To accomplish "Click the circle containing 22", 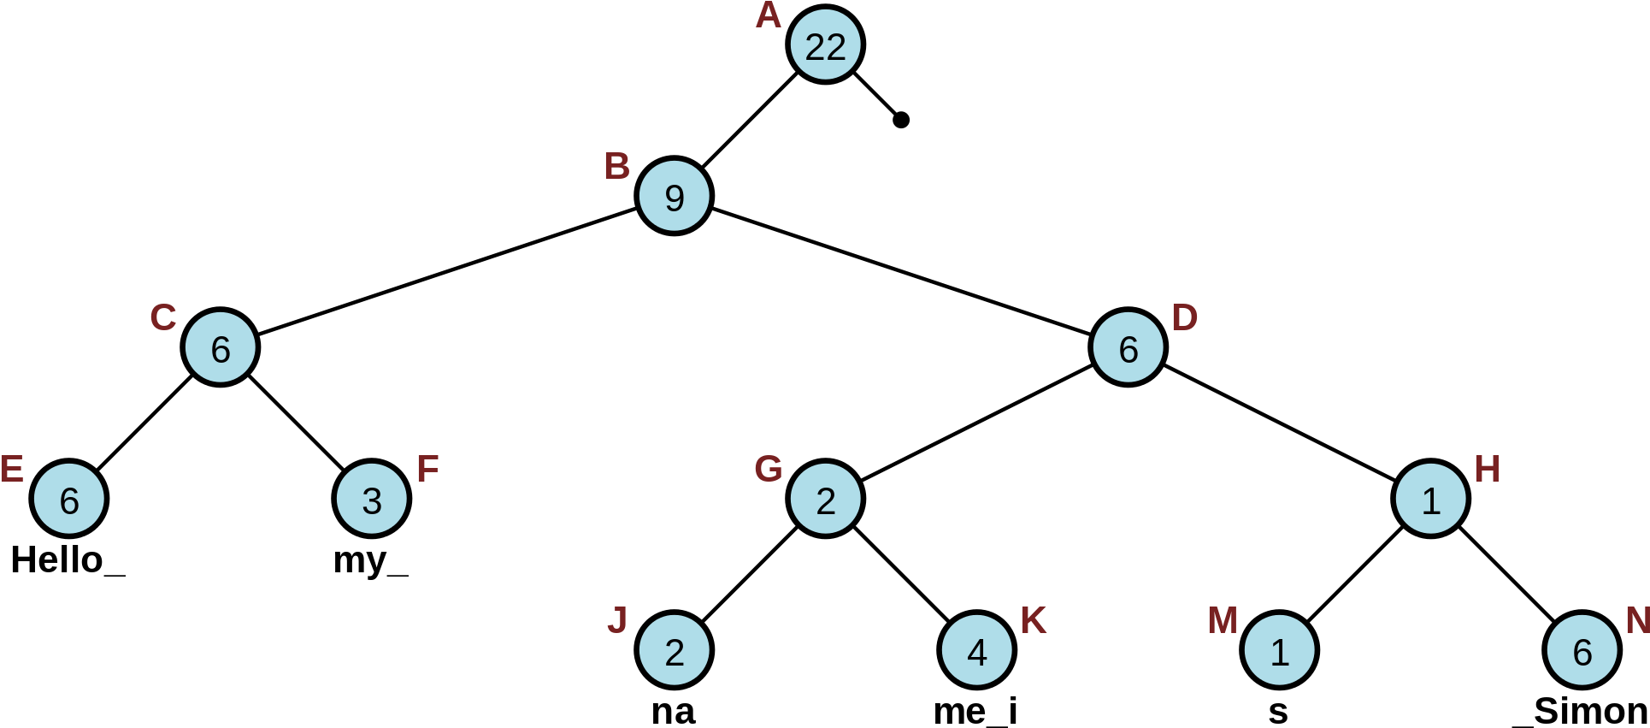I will (825, 44).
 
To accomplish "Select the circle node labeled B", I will (674, 196).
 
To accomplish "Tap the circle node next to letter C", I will (220, 347).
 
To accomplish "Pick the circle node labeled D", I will (1128, 347).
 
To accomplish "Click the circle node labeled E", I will (68, 499).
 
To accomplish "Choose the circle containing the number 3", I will (371, 499).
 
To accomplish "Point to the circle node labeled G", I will (825, 499).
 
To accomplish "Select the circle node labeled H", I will (1430, 499).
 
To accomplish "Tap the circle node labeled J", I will (674, 650).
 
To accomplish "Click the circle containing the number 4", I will (976, 650).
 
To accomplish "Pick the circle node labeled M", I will (1279, 650).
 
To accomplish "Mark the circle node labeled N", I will (1582, 650).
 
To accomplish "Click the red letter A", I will (768, 15).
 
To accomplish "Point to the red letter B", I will (616, 167).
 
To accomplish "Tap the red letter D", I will (1184, 318).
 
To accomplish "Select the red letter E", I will (11, 470).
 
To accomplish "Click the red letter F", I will (427, 470).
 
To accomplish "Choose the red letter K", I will (1033, 621).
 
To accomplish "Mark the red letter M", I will (1222, 621).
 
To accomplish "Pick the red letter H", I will (1487, 470).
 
